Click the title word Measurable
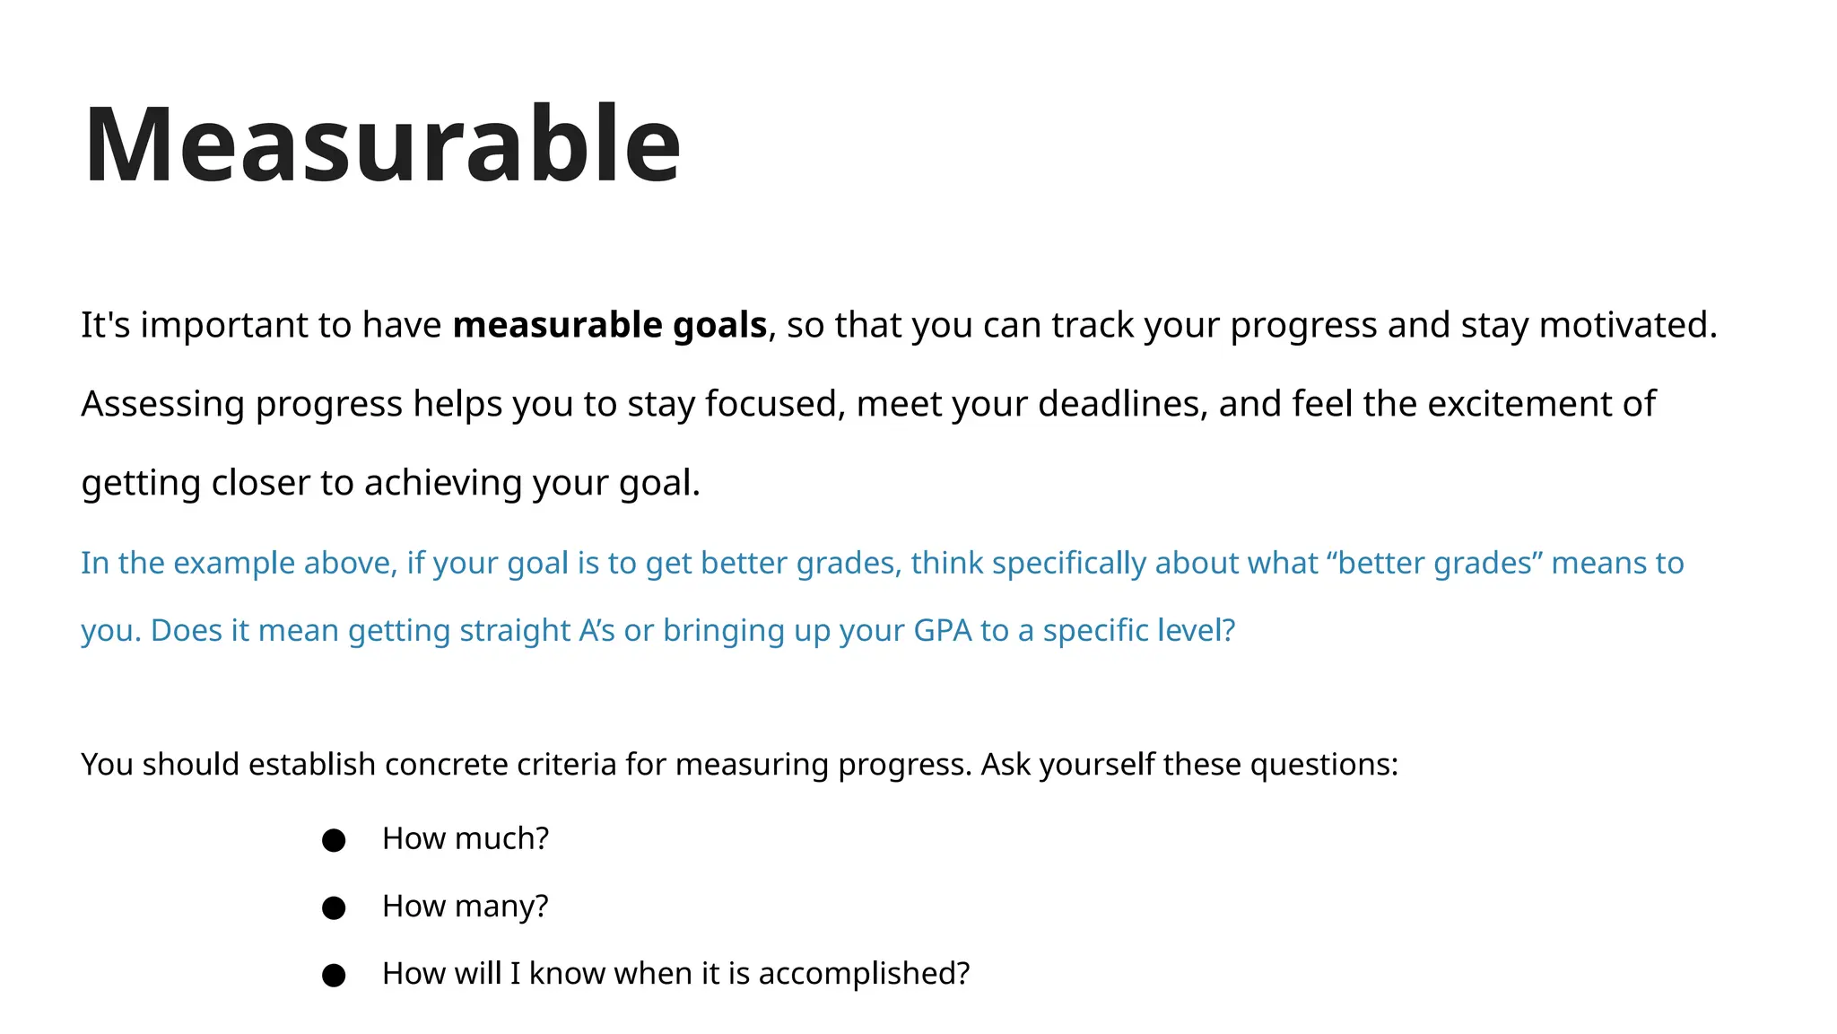pyautogui.click(x=382, y=145)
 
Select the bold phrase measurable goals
pyautogui.click(x=609, y=325)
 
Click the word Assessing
pyautogui.click(x=162, y=404)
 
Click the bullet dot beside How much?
pyautogui.click(x=334, y=840)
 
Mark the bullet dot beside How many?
pyautogui.click(x=334, y=907)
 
